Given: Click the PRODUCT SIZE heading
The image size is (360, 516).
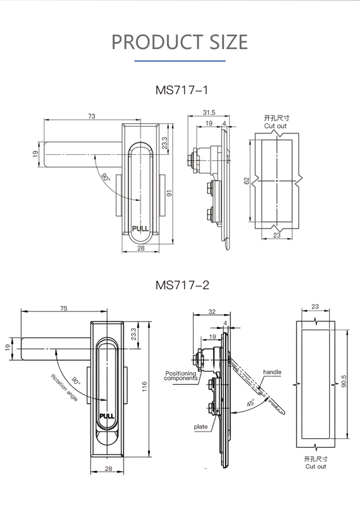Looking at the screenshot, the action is coord(180,42).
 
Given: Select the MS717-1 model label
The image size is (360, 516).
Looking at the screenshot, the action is coord(182,90).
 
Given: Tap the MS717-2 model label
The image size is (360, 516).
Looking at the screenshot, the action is coord(182,285).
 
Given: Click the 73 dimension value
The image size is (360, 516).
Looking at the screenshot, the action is coord(92,116).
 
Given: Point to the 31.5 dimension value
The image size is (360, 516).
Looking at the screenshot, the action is coord(209,112).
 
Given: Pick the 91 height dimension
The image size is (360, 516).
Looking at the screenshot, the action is coord(169,194).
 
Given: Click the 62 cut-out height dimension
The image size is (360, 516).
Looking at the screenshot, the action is coord(247,181).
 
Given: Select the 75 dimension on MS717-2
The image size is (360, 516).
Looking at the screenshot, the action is coord(64,308).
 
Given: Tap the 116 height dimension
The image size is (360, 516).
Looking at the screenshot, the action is coord(144,387).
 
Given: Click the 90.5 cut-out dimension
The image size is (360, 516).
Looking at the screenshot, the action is coord(344,381).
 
